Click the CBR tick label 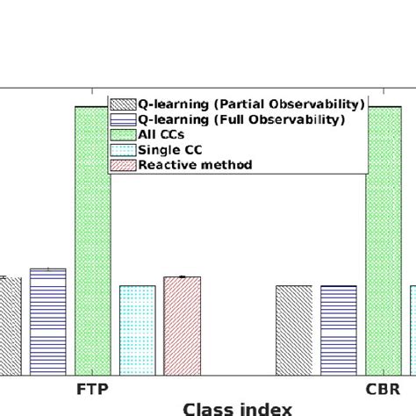(383, 387)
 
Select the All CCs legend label (158, 134)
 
